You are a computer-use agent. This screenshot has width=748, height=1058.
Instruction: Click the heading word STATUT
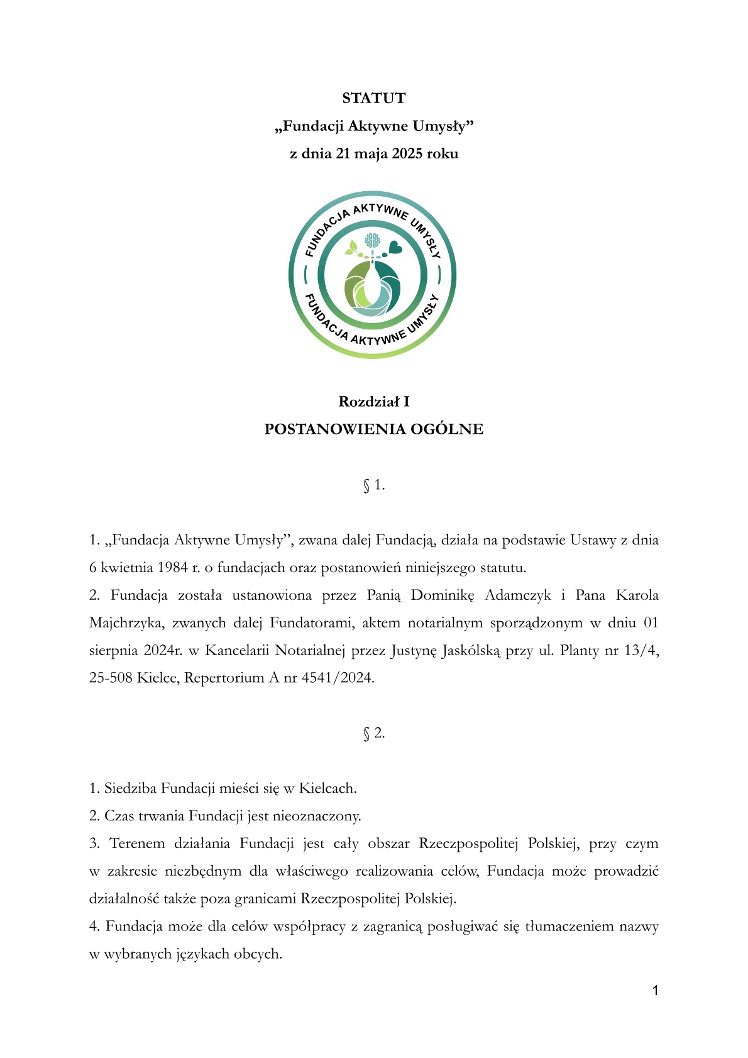click(373, 98)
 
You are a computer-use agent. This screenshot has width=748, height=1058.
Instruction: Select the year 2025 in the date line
click(407, 153)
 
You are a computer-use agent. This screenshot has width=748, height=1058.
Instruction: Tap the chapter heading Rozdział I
click(373, 401)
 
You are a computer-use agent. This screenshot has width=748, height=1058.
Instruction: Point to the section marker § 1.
click(373, 485)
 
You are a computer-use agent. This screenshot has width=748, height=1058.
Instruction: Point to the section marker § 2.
click(373, 733)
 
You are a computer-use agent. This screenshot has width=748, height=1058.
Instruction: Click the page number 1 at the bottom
click(656, 991)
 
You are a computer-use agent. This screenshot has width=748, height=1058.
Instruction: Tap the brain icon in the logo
click(373, 240)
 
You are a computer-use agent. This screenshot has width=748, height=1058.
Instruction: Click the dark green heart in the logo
click(395, 247)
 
